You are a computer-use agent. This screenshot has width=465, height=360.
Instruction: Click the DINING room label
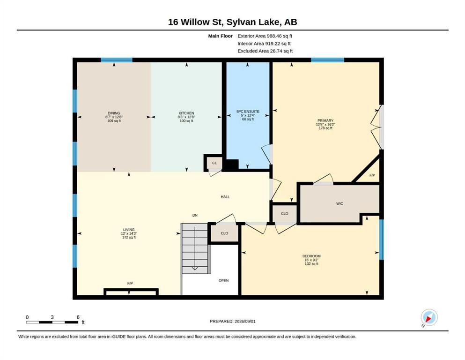coord(114,113)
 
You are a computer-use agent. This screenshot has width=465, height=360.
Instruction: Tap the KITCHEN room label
coord(186,113)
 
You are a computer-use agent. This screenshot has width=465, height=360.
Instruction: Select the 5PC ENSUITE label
coord(248,111)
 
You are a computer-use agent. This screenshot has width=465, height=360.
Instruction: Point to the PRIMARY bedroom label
coord(325,120)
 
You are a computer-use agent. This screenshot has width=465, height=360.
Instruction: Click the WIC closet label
coord(340,203)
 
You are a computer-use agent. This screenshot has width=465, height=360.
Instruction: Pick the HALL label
coord(225,197)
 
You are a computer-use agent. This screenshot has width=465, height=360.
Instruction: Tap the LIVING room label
coord(129,230)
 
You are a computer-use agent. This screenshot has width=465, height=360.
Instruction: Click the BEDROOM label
coord(311,256)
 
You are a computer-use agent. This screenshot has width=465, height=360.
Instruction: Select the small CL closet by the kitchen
coord(214,163)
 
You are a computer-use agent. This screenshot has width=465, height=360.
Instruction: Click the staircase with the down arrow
coord(194,248)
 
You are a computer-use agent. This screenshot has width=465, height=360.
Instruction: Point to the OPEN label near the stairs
coord(224,280)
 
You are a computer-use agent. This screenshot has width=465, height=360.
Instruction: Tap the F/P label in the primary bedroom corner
coord(372,175)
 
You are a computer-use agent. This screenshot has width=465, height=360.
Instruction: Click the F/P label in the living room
coord(130,284)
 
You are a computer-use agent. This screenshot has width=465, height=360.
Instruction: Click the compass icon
coord(429,317)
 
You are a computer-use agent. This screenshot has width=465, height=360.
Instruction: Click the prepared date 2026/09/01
coord(245,321)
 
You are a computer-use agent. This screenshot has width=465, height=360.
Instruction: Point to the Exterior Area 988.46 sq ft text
coord(265,36)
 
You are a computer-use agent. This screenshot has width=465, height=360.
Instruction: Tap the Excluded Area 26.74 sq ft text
coord(265,51)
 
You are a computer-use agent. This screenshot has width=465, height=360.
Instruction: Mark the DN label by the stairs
coord(195,216)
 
